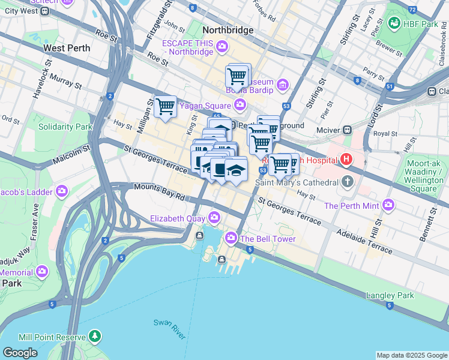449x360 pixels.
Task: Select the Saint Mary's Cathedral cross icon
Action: coord(347,182)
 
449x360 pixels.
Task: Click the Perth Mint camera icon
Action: coord(388,205)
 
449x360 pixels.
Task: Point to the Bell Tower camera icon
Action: coord(231,239)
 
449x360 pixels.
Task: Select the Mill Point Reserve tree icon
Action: coord(94,337)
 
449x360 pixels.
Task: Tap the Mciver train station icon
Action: coord(347,130)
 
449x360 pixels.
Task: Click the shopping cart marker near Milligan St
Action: coord(165,107)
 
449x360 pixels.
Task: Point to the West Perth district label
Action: coord(67,48)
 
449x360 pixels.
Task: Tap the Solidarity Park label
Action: coord(65,127)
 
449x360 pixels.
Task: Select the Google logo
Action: coord(20,353)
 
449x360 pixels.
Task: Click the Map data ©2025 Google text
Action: coord(412,355)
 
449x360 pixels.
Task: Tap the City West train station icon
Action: coord(45,11)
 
